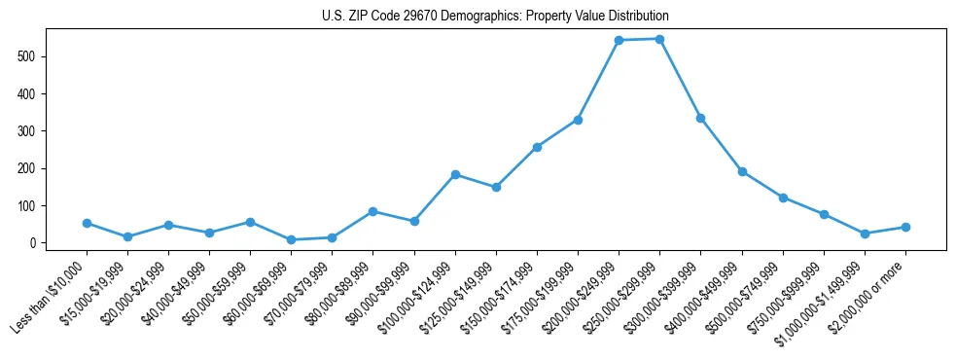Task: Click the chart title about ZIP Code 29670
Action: (495, 17)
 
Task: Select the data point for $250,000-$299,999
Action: (659, 39)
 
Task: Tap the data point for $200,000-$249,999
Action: (619, 41)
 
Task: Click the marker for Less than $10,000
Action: (87, 223)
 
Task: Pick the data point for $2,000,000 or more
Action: (905, 227)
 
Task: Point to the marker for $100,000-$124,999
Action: (455, 174)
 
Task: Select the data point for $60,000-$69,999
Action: (291, 239)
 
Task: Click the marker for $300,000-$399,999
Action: (700, 118)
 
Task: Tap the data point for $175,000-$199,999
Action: (578, 120)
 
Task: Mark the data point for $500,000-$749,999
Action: (783, 198)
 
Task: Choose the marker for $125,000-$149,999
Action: (496, 187)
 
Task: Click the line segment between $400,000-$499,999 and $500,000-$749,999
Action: (762, 185)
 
